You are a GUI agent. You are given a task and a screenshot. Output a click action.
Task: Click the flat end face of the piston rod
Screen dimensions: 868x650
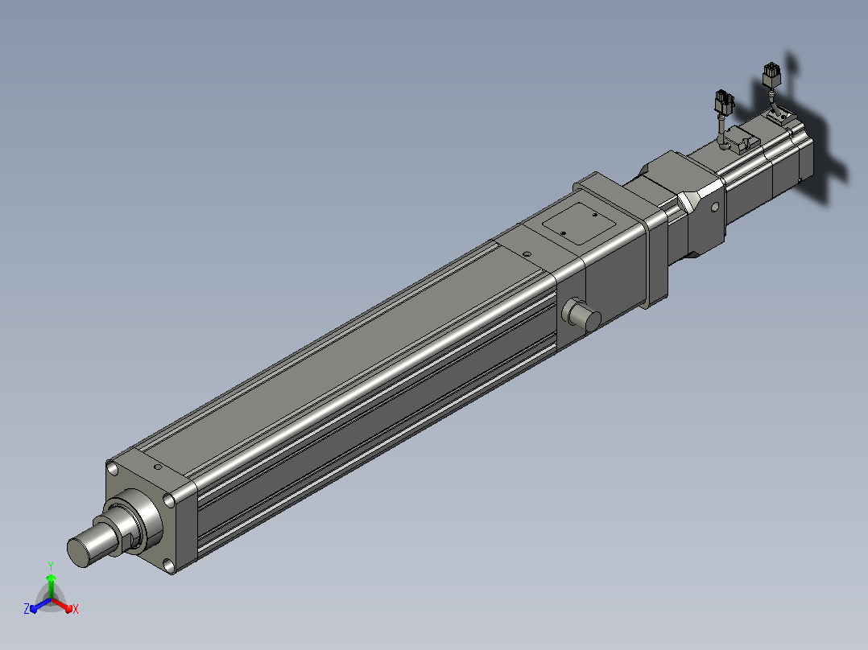(79, 552)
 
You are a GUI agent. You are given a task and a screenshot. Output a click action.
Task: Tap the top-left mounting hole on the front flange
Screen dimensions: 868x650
(113, 469)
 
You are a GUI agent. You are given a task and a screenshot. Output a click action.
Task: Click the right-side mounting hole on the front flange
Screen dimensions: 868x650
(168, 500)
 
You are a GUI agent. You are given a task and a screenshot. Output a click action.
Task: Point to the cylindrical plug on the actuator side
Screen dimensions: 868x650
(581, 315)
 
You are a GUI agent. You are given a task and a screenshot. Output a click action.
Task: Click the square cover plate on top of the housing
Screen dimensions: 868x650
(579, 223)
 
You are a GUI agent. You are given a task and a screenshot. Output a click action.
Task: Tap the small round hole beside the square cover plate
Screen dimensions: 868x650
(527, 254)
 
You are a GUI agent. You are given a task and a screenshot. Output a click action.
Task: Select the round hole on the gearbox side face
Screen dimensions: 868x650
(714, 208)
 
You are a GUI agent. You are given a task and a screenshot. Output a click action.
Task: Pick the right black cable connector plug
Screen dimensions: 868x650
(771, 76)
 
